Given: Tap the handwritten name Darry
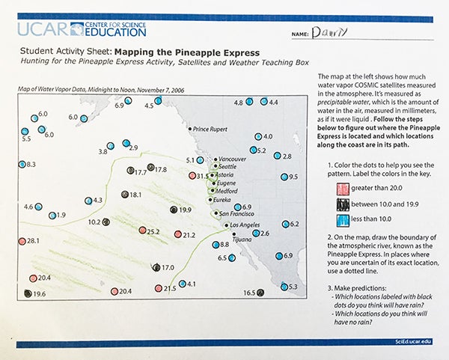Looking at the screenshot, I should pos(326,32).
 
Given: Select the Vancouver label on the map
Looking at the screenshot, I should pos(231,159).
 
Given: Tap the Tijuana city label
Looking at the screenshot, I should pos(245,240).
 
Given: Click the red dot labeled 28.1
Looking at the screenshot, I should pos(22,241).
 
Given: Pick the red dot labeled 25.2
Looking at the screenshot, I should pos(141,231).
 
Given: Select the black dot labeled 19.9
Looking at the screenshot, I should pos(174,210).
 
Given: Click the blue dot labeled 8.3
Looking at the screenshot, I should pos(22,164).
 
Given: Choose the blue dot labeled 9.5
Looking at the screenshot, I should pos(284,177).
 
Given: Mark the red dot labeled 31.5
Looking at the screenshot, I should pos(192,176).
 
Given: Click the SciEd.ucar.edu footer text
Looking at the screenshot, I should pos(413,341).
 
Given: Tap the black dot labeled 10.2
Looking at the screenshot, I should pos(107,222).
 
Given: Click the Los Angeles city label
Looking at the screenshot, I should pos(243,225).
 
